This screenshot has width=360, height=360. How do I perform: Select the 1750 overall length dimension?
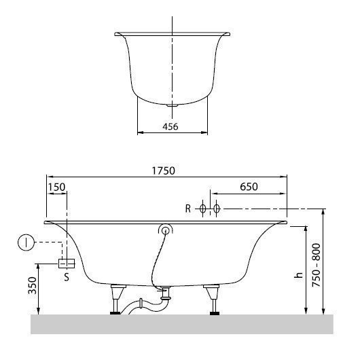coord(166,171)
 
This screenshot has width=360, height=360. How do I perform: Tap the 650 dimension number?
coord(250,186)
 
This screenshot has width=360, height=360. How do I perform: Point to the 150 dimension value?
coord(57,186)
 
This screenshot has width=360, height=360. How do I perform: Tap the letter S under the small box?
coord(66,276)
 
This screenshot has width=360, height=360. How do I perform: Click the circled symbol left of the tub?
coord(24,242)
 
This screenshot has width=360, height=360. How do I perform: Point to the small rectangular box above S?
coord(66,264)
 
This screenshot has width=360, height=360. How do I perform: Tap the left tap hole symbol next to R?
coord(202,209)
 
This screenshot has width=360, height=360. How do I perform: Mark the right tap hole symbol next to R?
coord(216,209)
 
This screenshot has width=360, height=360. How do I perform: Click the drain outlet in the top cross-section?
coord(173,105)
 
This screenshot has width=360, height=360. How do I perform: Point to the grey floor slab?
coord(182,325)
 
